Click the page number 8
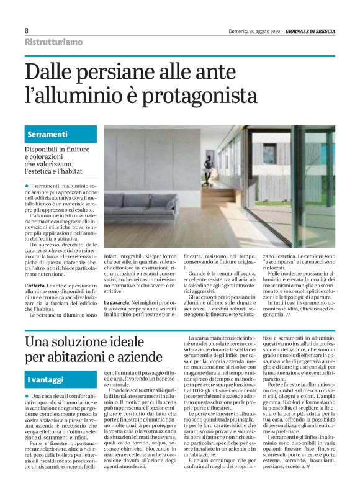(27, 30)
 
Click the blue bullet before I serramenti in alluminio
(27, 186)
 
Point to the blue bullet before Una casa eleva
(27, 395)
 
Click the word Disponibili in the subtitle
(44, 150)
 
